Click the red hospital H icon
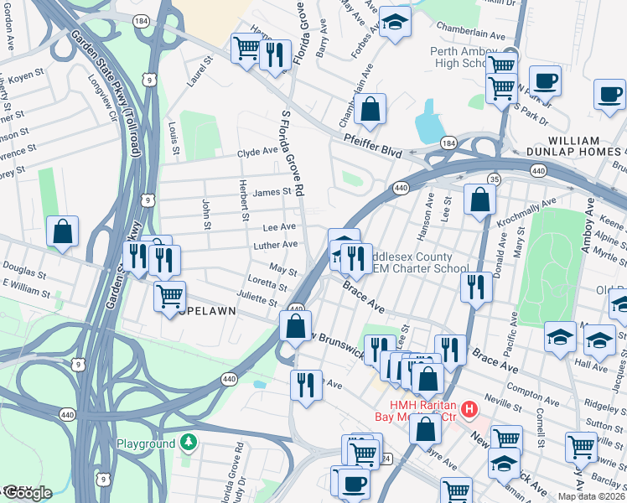[x=469, y=410]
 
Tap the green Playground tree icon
[x=190, y=443]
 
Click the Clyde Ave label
[x=256, y=152]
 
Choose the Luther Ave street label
[x=276, y=244]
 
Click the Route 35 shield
[x=495, y=179]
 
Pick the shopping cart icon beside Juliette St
[x=170, y=295]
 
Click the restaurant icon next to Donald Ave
[x=475, y=287]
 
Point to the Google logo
[x=27, y=492]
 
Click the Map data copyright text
[x=591, y=496]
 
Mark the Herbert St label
[x=245, y=204]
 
